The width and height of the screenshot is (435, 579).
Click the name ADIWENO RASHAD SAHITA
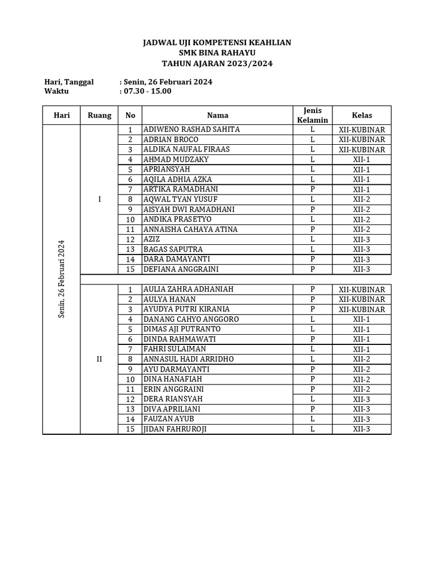tap(191, 129)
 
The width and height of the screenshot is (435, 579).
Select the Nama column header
tap(217, 115)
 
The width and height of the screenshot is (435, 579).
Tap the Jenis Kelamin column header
tap(313, 115)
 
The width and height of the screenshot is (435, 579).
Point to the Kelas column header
tap(362, 115)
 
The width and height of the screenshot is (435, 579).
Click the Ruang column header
tap(99, 115)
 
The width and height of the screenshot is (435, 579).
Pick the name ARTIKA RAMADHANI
tap(180, 189)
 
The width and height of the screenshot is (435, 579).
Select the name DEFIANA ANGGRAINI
tap(181, 269)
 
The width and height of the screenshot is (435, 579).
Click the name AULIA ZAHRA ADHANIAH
tap(188, 289)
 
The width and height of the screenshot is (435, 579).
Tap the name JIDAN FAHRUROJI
tap(175, 429)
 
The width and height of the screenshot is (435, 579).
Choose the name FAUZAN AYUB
tap(169, 419)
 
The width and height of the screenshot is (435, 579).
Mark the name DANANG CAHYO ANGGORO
tap(191, 319)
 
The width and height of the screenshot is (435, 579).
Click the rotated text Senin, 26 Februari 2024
tap(62, 279)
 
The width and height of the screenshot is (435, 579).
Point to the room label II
tap(99, 359)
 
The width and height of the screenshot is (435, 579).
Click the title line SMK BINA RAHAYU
tap(217, 53)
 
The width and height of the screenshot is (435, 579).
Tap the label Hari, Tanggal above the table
tap(69, 82)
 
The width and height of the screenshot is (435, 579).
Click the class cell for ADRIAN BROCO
tap(362, 140)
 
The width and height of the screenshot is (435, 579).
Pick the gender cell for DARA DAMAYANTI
tap(313, 259)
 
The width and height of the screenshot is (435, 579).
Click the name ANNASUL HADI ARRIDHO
tap(188, 359)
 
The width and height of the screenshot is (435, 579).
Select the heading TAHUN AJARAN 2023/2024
tap(217, 64)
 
